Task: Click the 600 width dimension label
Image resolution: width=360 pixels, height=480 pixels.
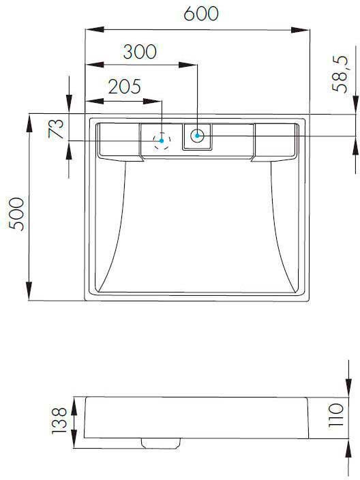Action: pos(201,14)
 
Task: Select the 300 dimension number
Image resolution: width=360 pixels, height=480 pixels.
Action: pos(140,52)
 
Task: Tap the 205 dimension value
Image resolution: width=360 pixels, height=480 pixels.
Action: pos(125,87)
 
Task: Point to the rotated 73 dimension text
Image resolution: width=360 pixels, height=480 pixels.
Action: pos(56,129)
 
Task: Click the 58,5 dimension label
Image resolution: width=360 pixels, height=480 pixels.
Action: pos(341,74)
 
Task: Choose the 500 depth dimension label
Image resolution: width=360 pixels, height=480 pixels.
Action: pos(16,214)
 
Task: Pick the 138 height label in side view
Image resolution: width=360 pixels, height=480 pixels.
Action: pos(59,420)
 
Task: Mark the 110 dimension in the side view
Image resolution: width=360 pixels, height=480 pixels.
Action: pos(336,416)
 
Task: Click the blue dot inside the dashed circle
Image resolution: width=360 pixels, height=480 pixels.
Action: pos(162,141)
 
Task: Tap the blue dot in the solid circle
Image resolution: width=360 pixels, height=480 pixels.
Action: pos(197,136)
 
